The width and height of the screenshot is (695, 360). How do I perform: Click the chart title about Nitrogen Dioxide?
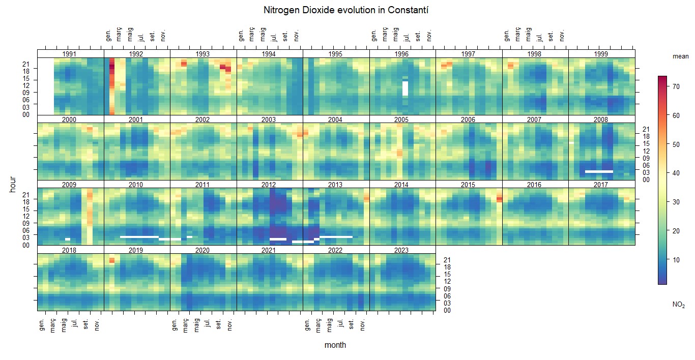click(x=347, y=10)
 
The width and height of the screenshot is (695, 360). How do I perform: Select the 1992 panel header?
click(x=136, y=54)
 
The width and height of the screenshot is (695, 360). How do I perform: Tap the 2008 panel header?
click(x=601, y=119)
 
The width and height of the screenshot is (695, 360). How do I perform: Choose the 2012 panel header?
click(x=269, y=185)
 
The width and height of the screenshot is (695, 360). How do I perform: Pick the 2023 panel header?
click(x=402, y=250)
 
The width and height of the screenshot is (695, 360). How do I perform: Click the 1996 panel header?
click(x=402, y=54)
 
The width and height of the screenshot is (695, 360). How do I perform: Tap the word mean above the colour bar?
click(x=680, y=57)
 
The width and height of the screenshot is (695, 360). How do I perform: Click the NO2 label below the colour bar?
click(x=678, y=305)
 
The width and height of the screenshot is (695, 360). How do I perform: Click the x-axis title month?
click(x=335, y=345)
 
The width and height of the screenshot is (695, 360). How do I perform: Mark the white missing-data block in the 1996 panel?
click(x=405, y=88)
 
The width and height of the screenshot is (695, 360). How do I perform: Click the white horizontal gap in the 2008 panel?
click(x=598, y=171)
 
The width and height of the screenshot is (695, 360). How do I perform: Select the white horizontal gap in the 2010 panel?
click(x=139, y=237)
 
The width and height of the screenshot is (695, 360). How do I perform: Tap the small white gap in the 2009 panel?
click(x=68, y=239)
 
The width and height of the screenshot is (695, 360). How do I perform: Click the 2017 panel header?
click(x=601, y=185)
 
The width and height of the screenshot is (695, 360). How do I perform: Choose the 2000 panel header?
click(x=70, y=119)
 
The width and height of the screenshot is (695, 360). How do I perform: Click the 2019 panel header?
click(x=136, y=250)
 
